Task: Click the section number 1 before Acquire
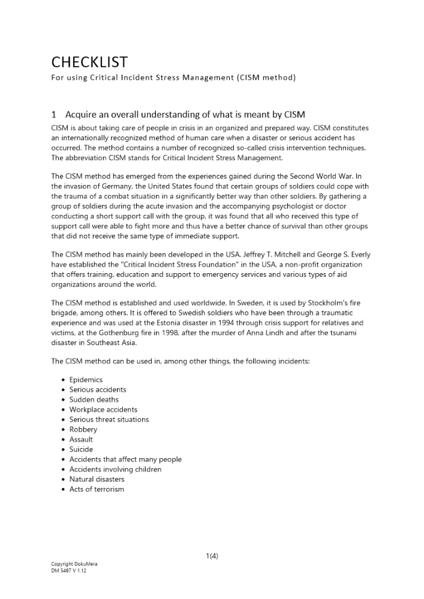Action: coord(54,114)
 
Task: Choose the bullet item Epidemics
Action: coord(86,380)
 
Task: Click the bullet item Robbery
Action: coord(83,429)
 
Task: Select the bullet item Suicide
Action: coord(81,449)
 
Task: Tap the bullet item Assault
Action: coord(81,439)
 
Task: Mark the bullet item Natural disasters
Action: coord(97,479)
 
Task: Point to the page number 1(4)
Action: coord(212,555)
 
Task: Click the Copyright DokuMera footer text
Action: coord(74,564)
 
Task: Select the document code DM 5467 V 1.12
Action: coord(68,571)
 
